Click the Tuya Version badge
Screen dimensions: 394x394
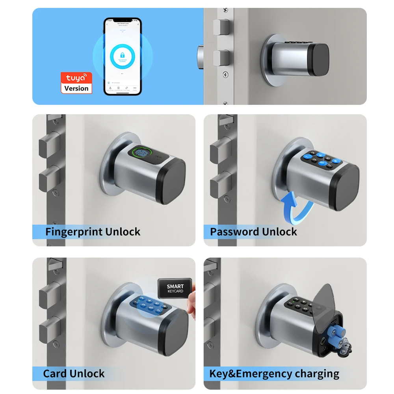[76, 83]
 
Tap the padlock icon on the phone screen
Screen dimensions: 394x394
[122, 56]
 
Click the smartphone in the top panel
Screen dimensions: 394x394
[122, 56]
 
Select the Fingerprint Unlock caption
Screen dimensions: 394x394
[93, 232]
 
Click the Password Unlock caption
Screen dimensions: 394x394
[253, 232]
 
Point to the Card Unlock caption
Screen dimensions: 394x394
[74, 373]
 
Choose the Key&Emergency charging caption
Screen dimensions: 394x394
[274, 373]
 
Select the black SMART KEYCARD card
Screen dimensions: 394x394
[175, 288]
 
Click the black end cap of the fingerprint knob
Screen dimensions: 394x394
[174, 182]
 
